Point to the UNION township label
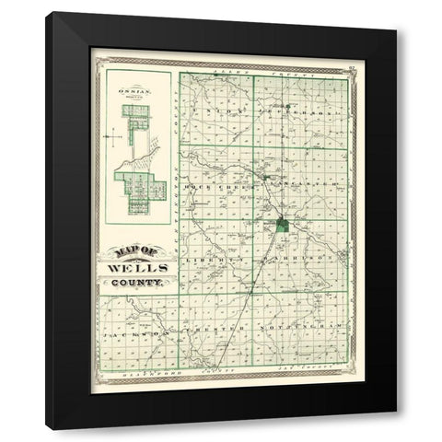pyautogui.click(x=215, y=110)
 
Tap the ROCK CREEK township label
pyautogui.click(x=213, y=185)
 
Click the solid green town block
pyautogui.click(x=283, y=224)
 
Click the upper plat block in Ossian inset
pyautogui.click(x=136, y=117)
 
